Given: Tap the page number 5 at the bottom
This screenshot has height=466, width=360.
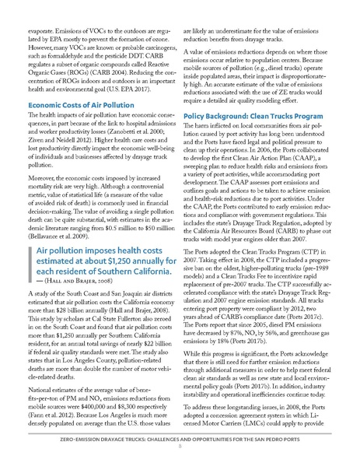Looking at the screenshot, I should click(x=180, y=457).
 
